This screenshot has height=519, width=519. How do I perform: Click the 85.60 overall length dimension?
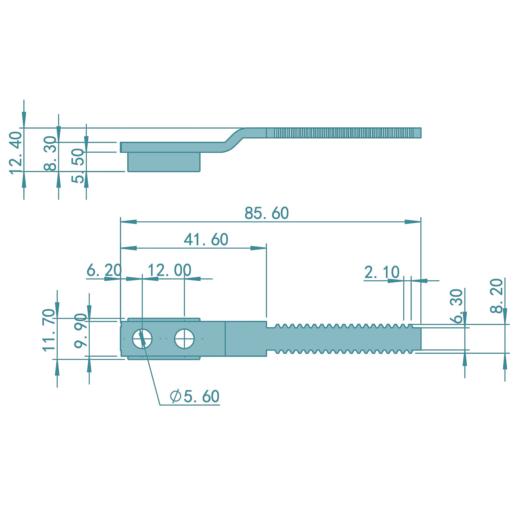266,213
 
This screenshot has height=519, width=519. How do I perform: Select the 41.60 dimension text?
206,239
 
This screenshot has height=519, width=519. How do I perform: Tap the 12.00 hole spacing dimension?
170,270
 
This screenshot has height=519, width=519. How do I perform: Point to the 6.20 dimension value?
104,270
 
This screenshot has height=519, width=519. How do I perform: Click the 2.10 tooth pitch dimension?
382,272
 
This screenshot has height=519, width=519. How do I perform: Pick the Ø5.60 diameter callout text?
195,396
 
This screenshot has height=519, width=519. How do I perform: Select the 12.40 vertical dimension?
16,153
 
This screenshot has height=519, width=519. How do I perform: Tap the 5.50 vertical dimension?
78,166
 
